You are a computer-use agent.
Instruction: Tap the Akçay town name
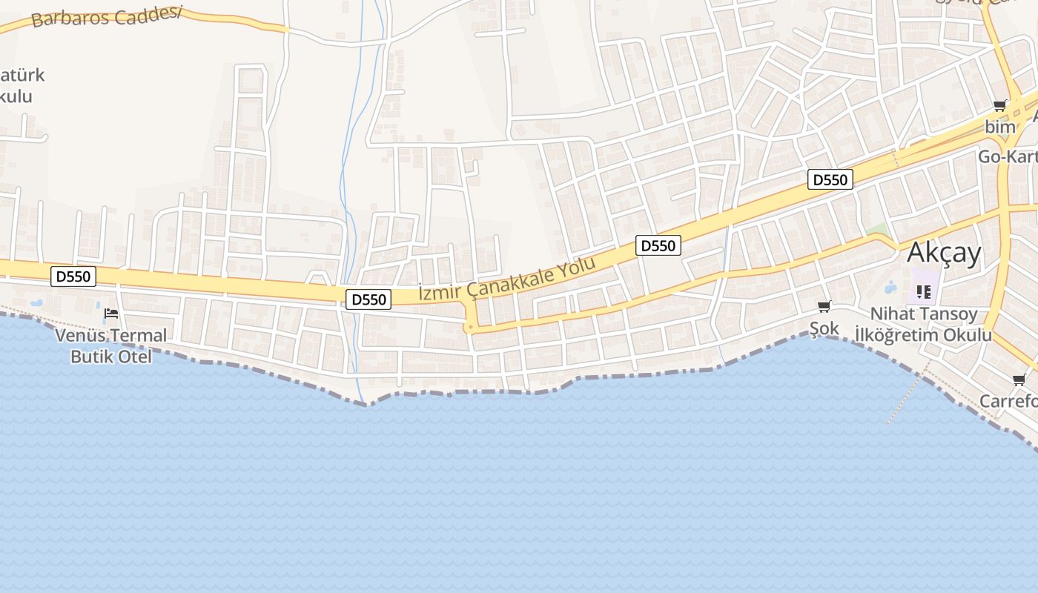click(944, 254)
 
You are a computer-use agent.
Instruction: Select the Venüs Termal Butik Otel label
click(111, 346)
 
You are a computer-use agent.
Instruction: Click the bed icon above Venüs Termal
click(111, 314)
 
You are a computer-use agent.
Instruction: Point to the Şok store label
click(824, 328)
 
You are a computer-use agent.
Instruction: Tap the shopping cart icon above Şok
click(824, 306)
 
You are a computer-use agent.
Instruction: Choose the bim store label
click(999, 127)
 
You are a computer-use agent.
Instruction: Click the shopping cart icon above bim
click(999, 106)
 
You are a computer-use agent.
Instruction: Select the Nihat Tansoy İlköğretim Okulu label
click(923, 325)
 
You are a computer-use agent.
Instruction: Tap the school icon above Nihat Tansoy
click(923, 292)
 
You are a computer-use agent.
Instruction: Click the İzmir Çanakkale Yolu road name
click(507, 281)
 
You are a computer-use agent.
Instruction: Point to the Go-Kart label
click(1007, 156)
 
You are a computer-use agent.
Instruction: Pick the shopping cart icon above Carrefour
click(1019, 380)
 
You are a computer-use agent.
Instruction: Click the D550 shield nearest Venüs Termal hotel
click(73, 277)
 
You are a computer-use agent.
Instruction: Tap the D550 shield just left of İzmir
click(368, 299)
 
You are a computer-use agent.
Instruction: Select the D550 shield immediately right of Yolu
click(658, 246)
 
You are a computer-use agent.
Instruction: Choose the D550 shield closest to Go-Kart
click(830, 179)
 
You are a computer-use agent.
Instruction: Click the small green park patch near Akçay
click(876, 228)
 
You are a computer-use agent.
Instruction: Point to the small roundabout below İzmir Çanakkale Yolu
click(469, 328)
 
